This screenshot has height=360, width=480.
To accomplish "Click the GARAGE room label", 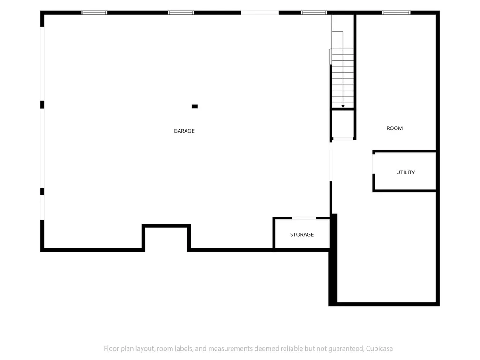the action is (x=184, y=131).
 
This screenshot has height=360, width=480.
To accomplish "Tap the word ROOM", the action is (x=394, y=128).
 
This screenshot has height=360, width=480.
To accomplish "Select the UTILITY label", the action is (x=405, y=172).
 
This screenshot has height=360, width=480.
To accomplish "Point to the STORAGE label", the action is (x=302, y=234).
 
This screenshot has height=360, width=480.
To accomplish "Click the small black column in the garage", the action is (x=195, y=106).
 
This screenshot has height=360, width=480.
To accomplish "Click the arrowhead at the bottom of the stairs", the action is (x=343, y=106).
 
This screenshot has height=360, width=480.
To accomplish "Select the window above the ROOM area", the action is (x=396, y=13).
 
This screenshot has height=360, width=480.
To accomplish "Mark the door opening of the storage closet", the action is (x=304, y=218).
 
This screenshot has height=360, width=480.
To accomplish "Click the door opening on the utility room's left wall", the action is (x=374, y=164).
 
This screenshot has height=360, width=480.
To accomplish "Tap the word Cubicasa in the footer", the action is (x=379, y=348).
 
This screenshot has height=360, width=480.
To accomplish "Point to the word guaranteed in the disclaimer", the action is (x=346, y=349).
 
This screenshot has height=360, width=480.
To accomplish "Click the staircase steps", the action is (x=343, y=78).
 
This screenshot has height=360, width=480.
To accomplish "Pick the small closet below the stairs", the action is (x=343, y=124).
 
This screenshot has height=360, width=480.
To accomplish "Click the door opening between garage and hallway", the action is (x=330, y=162).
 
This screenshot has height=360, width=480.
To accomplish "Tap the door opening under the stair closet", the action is (x=343, y=139).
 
